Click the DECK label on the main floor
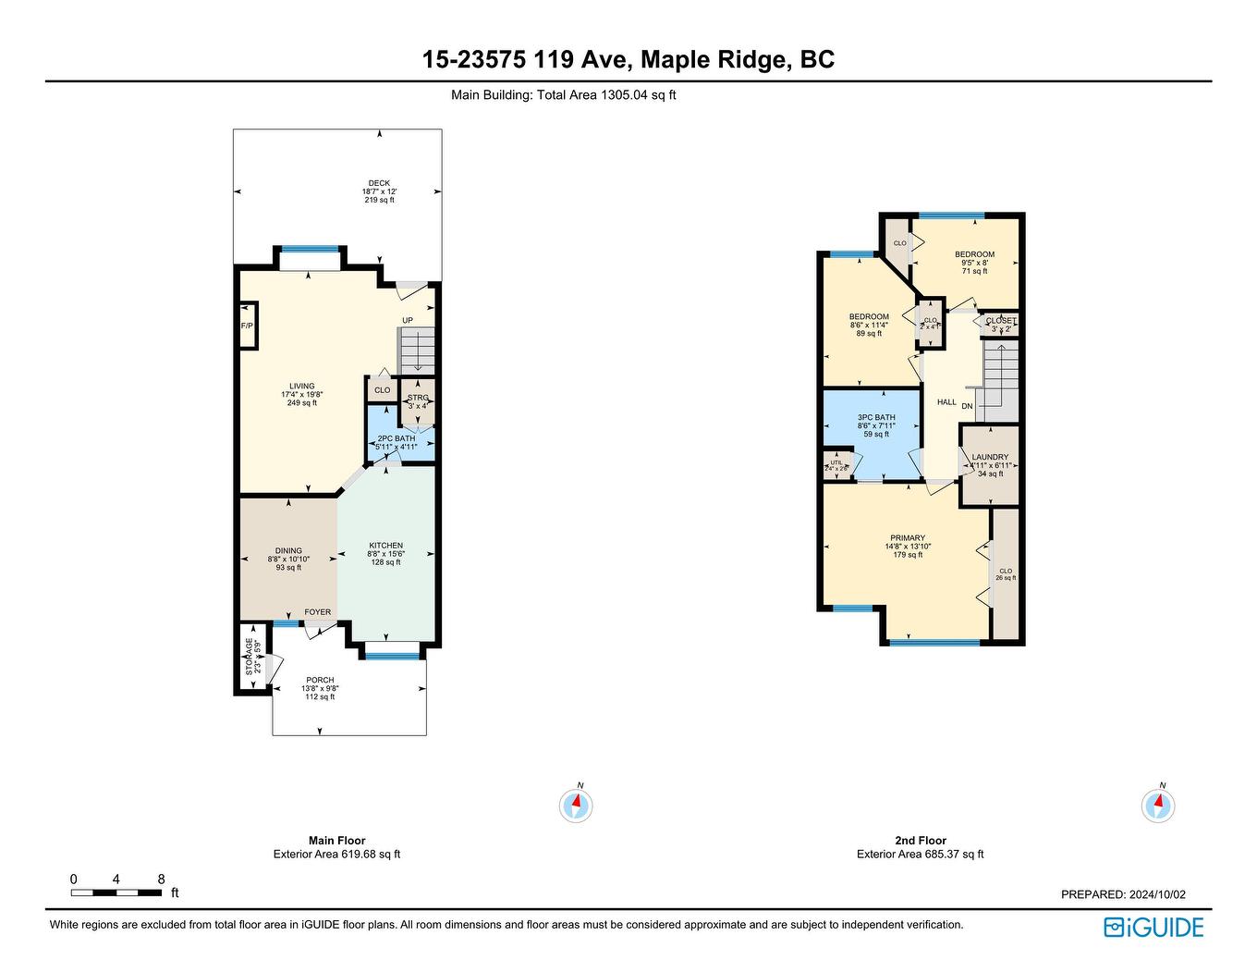pyautogui.click(x=379, y=183)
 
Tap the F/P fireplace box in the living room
pyautogui.click(x=247, y=326)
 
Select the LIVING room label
pyautogui.click(x=301, y=387)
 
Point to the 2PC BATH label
pyautogui.click(x=397, y=438)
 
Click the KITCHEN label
pyautogui.click(x=385, y=546)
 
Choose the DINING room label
pyautogui.click(x=288, y=551)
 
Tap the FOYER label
pyautogui.click(x=318, y=612)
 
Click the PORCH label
pyautogui.click(x=320, y=681)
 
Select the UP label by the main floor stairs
pyautogui.click(x=407, y=321)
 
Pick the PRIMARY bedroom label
pyautogui.click(x=908, y=538)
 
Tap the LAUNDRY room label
pyautogui.click(x=990, y=458)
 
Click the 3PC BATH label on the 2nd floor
pyautogui.click(x=876, y=418)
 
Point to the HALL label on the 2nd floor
pyautogui.click(x=946, y=402)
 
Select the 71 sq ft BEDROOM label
pyautogui.click(x=974, y=255)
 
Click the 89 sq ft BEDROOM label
pyautogui.click(x=869, y=317)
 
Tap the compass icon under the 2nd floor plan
pyautogui.click(x=1158, y=806)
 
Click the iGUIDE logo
pyautogui.click(x=1153, y=928)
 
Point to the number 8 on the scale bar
pyautogui.click(x=161, y=880)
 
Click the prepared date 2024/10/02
pyautogui.click(x=1154, y=894)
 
